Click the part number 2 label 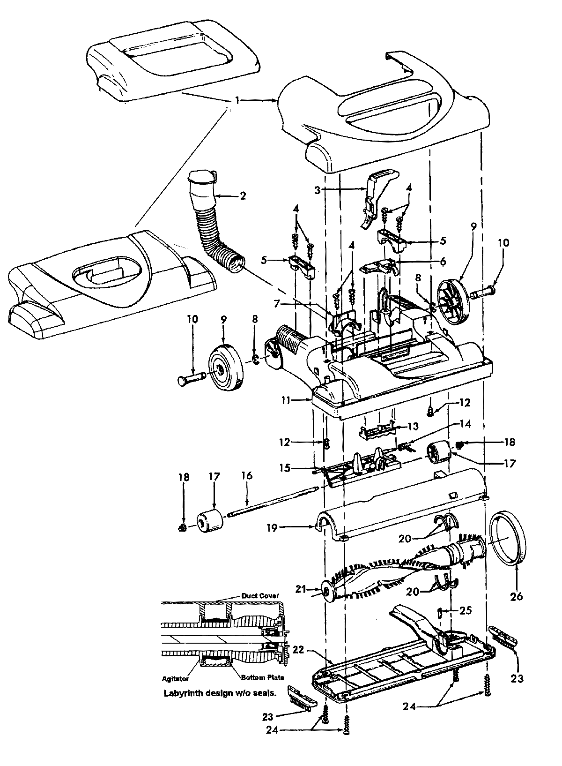pos(243,195)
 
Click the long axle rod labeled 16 pos(272,502)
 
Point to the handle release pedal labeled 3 pos(375,197)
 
